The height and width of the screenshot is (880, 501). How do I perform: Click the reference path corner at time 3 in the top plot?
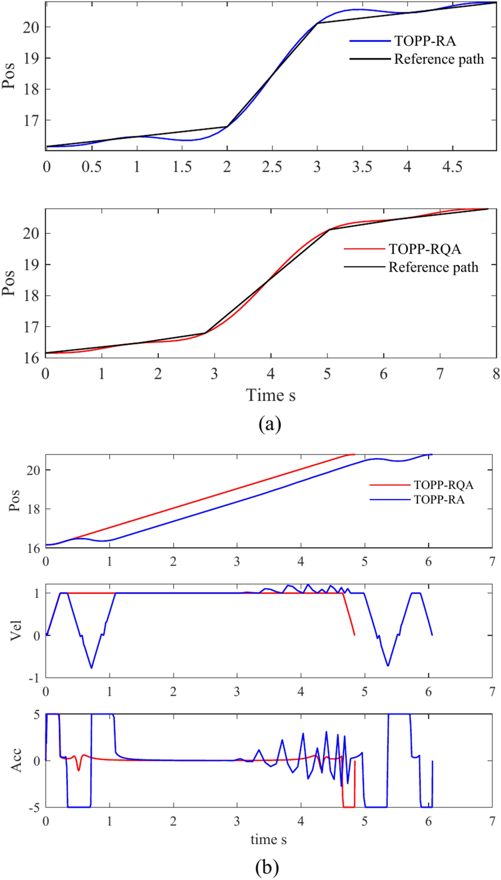[317, 24]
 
